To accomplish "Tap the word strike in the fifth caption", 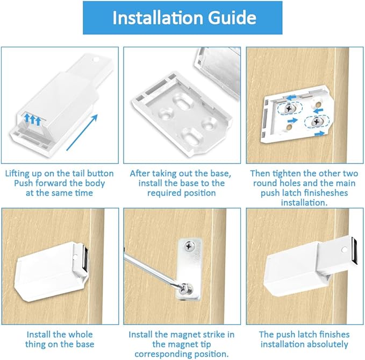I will tap(206, 334).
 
